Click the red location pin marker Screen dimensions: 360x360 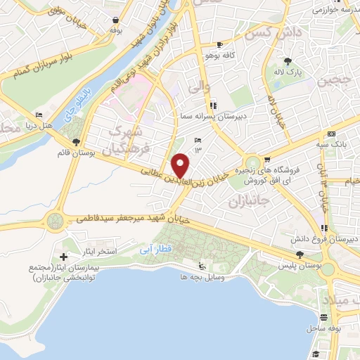point(181,166)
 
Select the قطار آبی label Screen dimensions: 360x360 point(150,248)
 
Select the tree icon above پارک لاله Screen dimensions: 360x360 point(288,60)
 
